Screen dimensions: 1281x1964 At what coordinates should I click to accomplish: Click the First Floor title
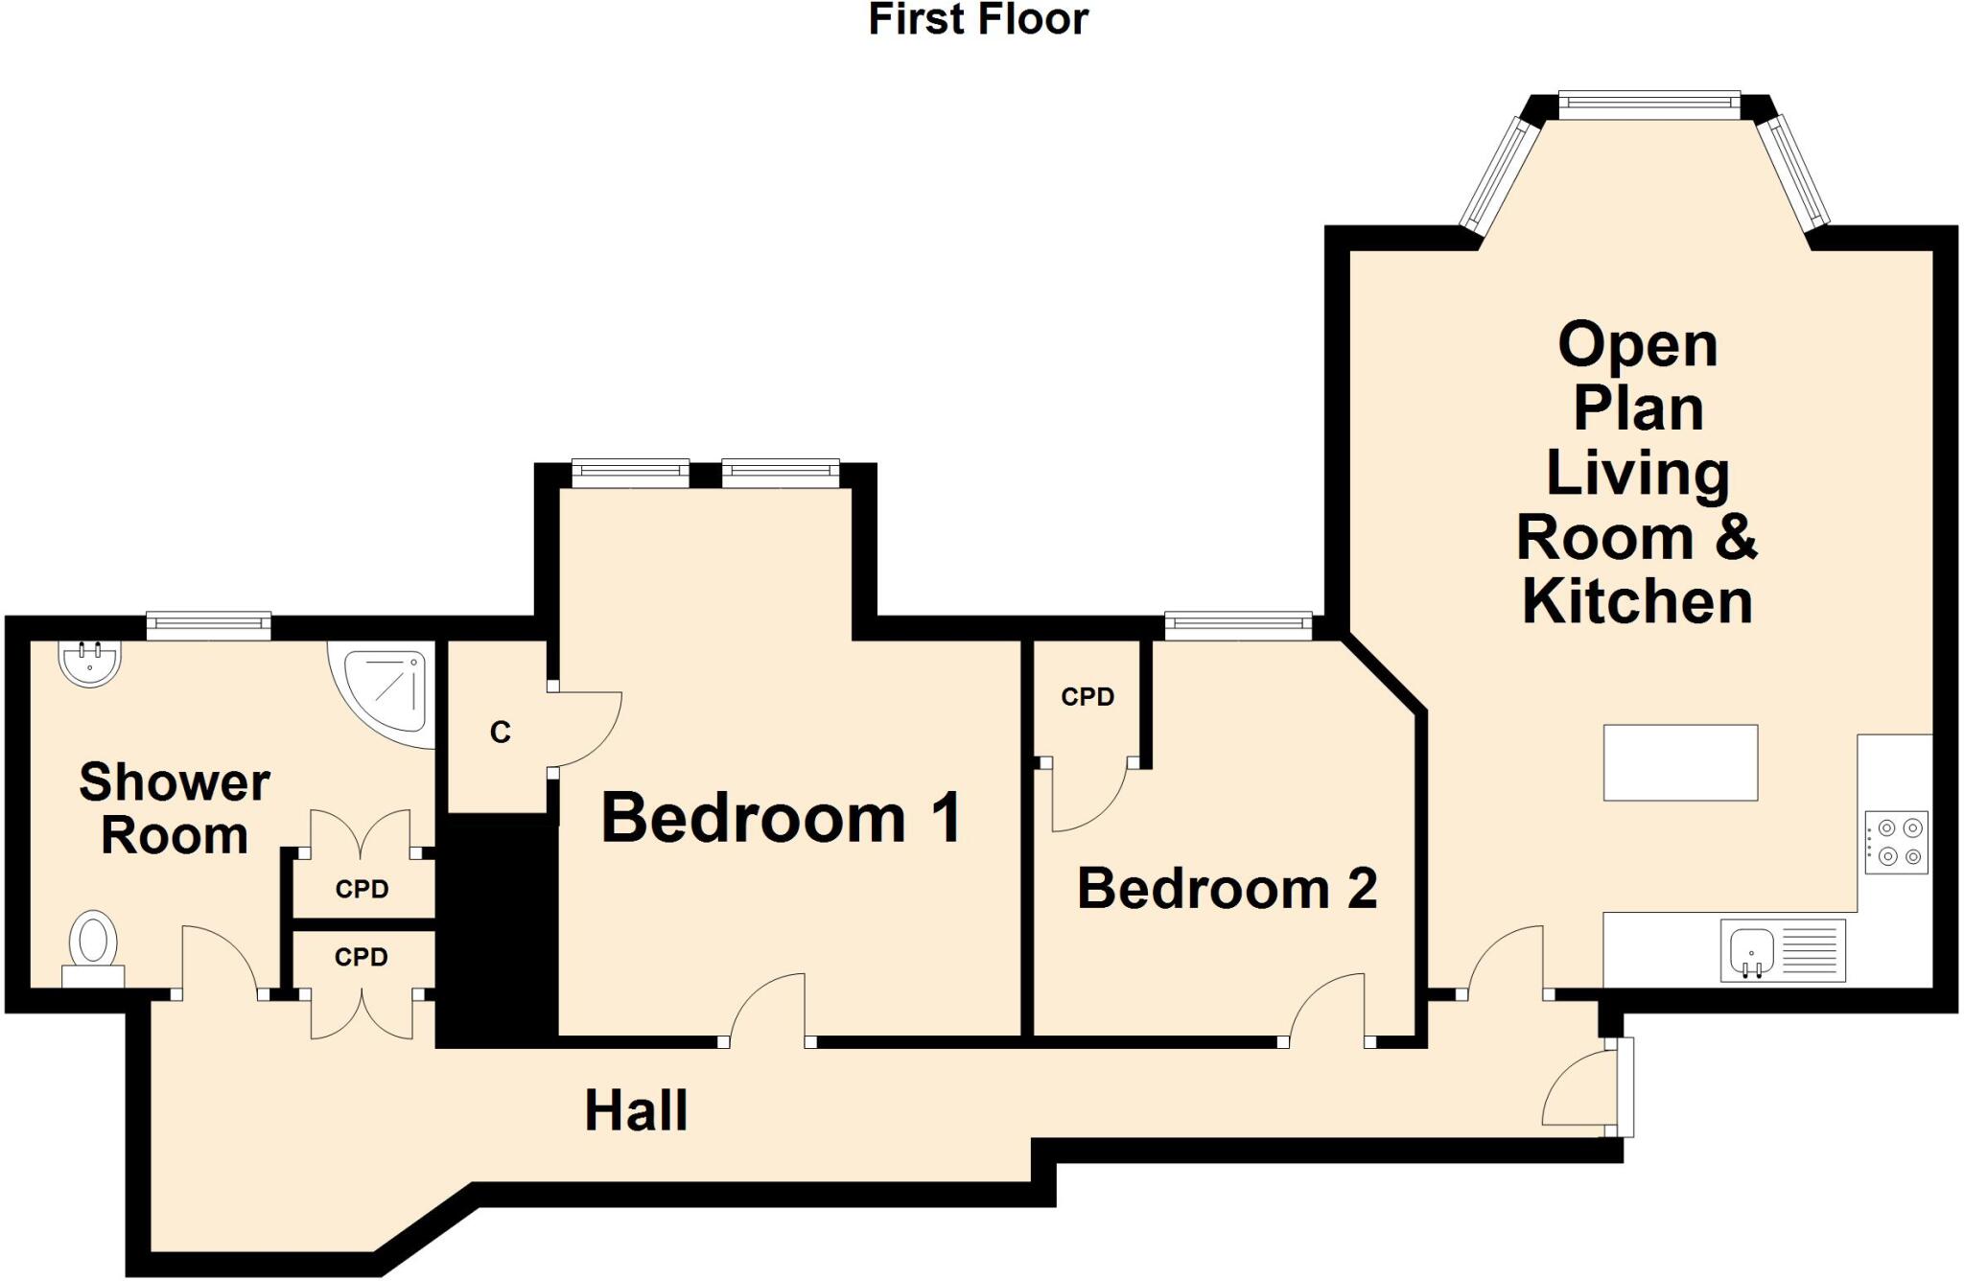point(978,19)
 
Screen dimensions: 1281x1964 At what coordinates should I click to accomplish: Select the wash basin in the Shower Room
point(90,662)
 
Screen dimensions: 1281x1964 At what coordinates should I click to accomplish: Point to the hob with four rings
point(1896,842)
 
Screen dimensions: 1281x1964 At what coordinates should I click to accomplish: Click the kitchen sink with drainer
point(1781,950)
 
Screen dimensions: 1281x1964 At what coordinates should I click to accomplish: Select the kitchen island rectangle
point(1680,762)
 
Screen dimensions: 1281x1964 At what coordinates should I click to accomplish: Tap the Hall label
point(636,1110)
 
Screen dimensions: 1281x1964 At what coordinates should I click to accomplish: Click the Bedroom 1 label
point(781,818)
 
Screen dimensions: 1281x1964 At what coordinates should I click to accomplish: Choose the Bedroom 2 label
point(1227,888)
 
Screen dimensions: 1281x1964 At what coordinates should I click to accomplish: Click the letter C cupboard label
point(500,733)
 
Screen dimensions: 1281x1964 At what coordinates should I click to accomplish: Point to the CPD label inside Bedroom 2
point(1087,697)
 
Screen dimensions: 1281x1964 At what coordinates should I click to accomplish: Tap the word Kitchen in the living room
point(1637,601)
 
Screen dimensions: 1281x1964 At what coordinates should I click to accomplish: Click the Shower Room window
point(208,626)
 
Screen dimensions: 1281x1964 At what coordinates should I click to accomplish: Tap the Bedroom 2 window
point(1238,625)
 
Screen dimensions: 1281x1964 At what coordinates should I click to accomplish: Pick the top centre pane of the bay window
point(1648,105)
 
